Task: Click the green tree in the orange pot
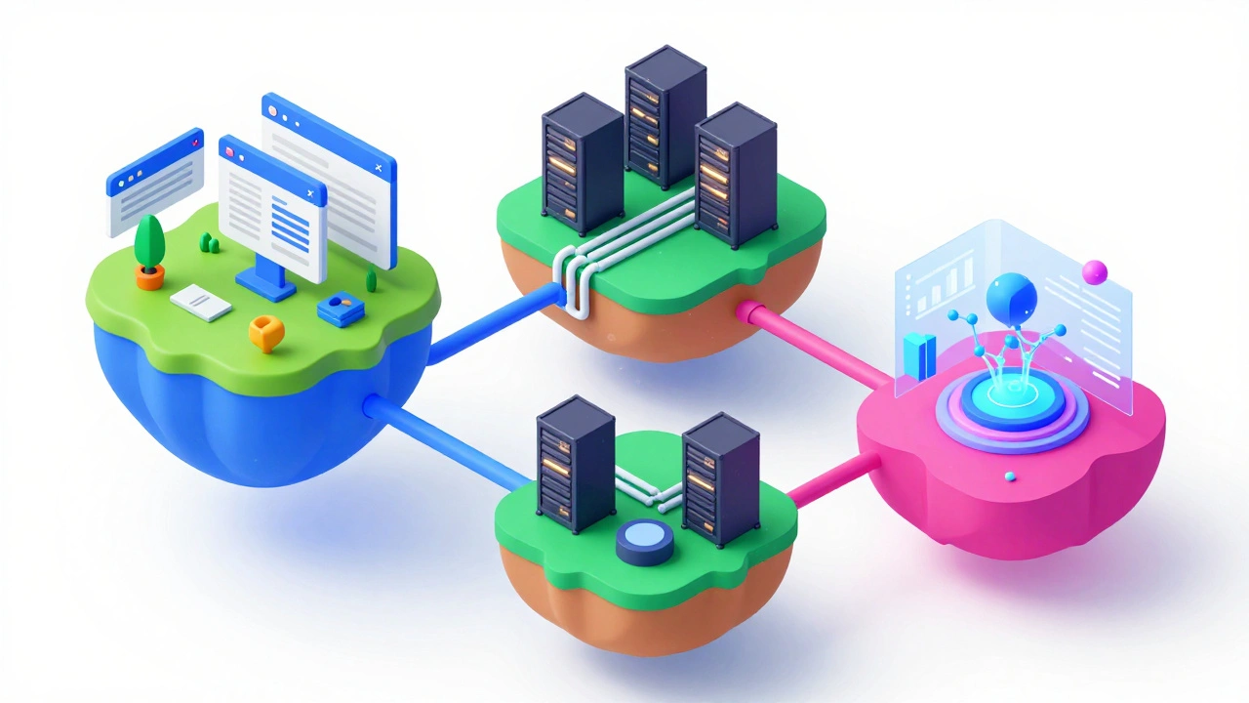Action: tap(149, 240)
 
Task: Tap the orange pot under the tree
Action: tap(149, 278)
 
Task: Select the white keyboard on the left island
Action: tap(201, 303)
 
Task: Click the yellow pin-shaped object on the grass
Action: tap(265, 333)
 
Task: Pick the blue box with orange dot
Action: tap(341, 310)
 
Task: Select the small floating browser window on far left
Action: tap(155, 182)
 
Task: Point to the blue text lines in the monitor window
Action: tap(290, 221)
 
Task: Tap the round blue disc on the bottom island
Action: tap(645, 541)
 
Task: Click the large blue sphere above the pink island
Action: tap(1012, 297)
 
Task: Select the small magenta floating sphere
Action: tap(1095, 271)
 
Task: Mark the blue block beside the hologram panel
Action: tap(918, 355)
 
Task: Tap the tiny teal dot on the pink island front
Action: tap(1010, 476)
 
